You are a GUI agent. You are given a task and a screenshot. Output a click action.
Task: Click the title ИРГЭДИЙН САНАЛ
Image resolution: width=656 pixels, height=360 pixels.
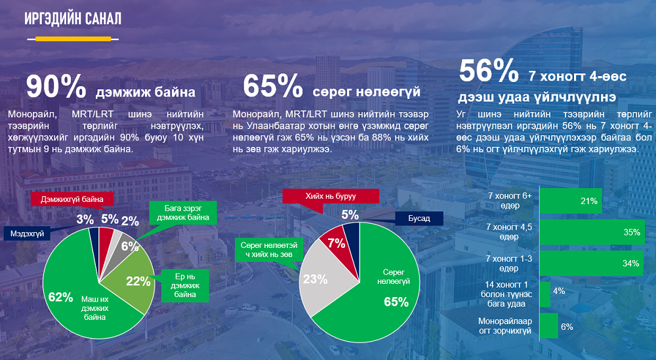73,19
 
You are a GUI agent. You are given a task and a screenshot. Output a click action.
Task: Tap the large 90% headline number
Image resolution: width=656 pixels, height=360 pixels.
56,87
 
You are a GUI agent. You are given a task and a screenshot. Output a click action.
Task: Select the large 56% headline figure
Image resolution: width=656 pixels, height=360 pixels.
489,71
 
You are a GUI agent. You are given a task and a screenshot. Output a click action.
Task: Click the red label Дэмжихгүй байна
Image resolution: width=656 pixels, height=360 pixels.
72,199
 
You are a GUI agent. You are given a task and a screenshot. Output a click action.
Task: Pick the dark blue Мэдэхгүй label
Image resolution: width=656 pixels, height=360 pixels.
27,234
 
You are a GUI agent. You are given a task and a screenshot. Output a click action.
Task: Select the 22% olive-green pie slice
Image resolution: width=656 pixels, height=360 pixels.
134,280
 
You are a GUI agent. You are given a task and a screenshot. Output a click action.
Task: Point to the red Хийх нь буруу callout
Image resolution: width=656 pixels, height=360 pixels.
331,196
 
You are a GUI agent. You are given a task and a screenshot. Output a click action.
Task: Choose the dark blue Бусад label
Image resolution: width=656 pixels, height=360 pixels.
419,218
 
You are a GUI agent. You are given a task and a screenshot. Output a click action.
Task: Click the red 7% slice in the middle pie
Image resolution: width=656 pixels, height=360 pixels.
336,247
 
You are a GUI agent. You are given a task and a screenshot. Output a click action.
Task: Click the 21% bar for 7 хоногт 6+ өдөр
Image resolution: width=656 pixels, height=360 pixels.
571,201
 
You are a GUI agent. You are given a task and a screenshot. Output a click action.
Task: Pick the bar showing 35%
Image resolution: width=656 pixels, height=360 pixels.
592,232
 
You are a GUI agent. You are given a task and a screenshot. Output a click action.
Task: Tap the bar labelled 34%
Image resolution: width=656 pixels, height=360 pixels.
592,264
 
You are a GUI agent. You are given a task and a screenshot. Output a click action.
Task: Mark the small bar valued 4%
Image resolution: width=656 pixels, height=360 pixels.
544,294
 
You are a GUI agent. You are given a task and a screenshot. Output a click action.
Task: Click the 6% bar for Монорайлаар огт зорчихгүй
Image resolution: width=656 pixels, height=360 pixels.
549,326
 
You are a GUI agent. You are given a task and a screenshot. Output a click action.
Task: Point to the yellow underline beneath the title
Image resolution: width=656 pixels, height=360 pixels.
73,39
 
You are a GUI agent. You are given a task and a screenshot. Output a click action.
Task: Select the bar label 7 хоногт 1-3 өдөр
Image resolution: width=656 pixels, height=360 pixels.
509,264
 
